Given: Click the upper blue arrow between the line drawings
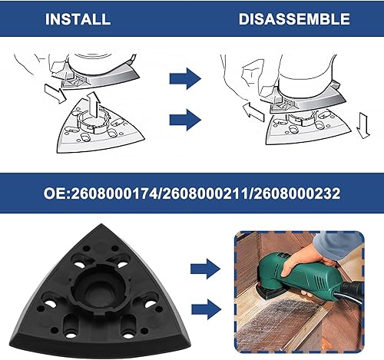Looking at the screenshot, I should (x=184, y=78).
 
